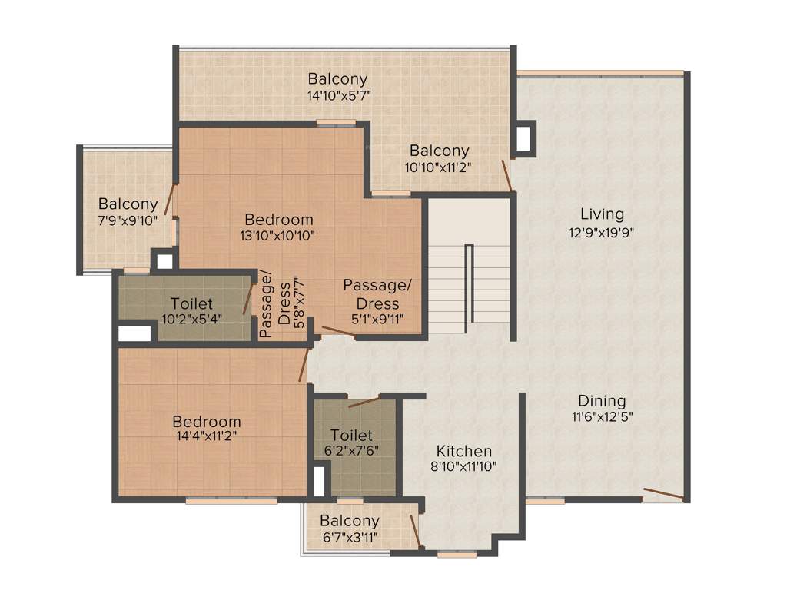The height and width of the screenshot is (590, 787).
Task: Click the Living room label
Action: point(602,214)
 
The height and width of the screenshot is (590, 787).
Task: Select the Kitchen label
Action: point(464,451)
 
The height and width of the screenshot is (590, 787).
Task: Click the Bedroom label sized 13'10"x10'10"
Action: point(278,219)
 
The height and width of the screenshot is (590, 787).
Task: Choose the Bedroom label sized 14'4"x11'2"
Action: point(206,422)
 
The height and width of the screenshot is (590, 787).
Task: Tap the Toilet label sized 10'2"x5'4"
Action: point(191,303)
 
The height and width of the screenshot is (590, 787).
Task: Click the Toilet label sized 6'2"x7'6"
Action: point(351,436)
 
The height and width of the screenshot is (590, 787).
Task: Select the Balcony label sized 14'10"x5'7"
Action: point(337,78)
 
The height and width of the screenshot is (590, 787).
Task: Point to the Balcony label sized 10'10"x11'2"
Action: point(439,151)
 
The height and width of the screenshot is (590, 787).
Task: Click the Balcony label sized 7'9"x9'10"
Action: point(128,204)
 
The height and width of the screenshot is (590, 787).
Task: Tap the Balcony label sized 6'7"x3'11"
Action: point(350,521)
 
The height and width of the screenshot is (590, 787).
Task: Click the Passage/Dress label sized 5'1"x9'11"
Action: point(377,285)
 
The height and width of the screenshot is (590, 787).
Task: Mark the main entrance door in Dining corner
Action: point(662,493)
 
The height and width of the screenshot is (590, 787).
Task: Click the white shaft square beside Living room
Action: point(524,138)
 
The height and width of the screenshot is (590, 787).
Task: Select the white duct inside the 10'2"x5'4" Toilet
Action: point(134,333)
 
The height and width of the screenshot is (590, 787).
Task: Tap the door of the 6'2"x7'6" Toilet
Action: point(364,401)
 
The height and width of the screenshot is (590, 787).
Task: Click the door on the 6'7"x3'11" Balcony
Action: point(415,529)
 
